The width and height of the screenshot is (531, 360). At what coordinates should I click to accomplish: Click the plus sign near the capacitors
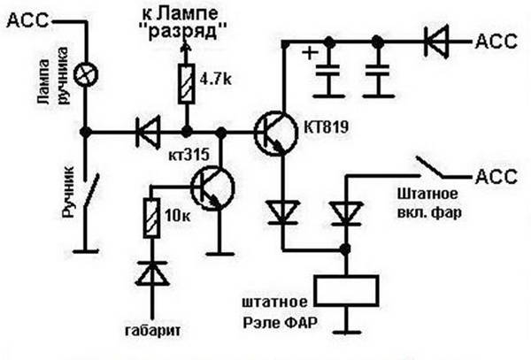pyautogui.click(x=311, y=53)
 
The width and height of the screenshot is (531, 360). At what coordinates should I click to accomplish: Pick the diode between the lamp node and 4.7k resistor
pyautogui.click(x=143, y=134)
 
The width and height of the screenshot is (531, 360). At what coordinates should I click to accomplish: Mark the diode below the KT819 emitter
pyautogui.click(x=283, y=210)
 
